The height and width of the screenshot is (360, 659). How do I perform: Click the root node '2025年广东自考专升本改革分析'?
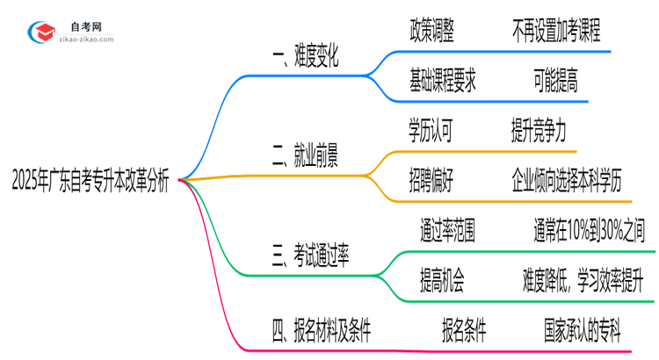(x=91, y=181)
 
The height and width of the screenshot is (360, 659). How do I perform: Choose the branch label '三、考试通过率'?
(x=311, y=256)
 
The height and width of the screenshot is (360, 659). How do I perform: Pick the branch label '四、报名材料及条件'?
(x=322, y=331)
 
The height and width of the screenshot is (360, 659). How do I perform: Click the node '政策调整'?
(x=431, y=32)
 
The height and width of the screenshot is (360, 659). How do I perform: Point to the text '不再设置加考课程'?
(x=555, y=32)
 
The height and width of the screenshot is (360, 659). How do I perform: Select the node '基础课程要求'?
(x=443, y=83)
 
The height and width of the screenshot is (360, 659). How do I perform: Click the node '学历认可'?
(x=431, y=131)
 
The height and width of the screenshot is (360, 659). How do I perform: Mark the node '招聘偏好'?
(x=431, y=181)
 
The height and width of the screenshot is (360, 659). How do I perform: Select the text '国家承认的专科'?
(x=582, y=331)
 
